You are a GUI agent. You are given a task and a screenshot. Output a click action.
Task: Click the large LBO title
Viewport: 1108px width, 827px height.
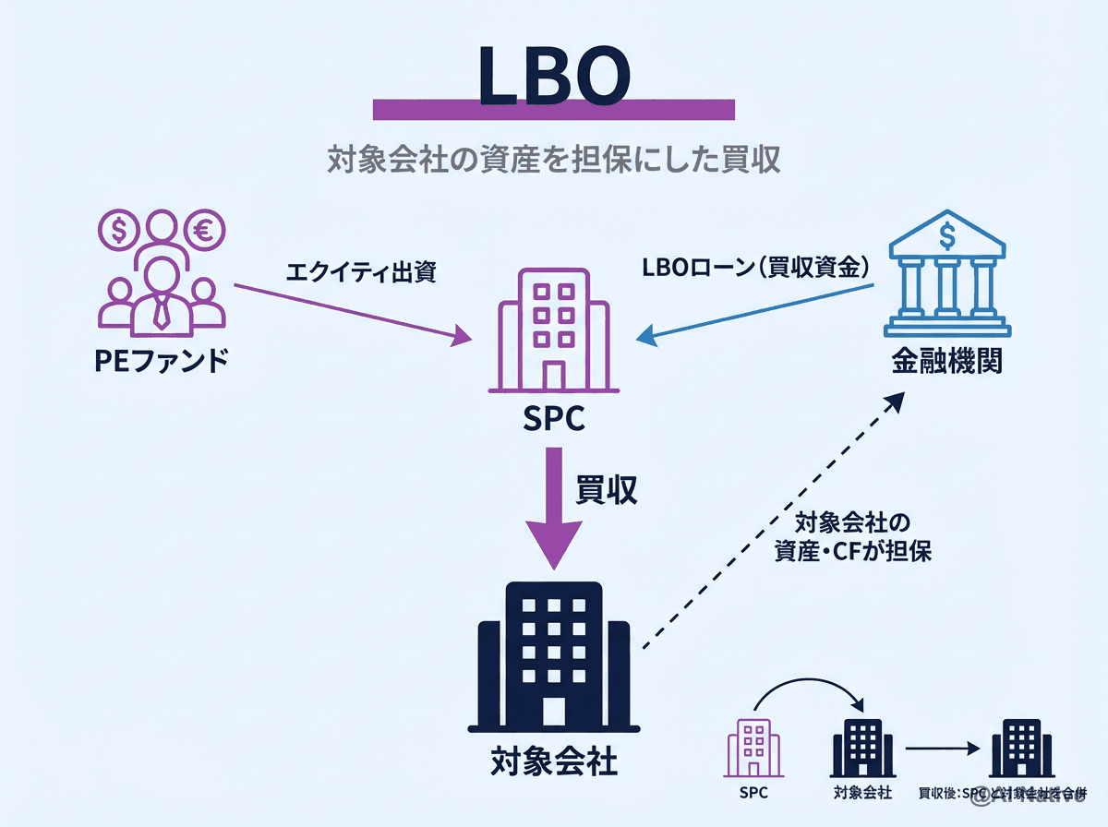[x=554, y=73]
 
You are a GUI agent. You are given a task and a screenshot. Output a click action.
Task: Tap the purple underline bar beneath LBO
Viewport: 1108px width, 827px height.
[x=554, y=110]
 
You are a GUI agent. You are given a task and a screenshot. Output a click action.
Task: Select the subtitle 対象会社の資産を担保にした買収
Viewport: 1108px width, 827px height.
[x=554, y=159]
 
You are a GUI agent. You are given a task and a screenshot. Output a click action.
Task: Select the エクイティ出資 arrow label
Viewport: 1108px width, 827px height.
[x=360, y=271]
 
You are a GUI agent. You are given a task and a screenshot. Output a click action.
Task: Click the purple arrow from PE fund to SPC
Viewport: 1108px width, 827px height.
[x=351, y=314]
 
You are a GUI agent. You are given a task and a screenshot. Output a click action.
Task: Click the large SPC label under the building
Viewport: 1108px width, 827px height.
[x=552, y=419]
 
